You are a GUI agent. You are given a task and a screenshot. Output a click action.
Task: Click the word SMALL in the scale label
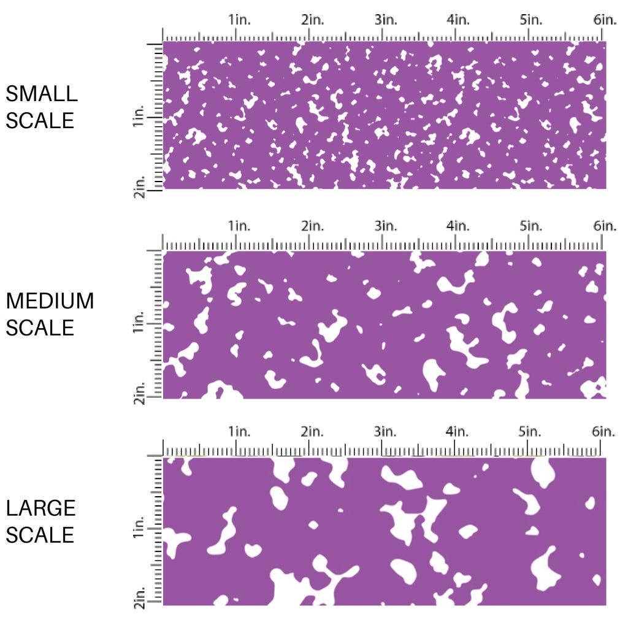(x=42, y=94)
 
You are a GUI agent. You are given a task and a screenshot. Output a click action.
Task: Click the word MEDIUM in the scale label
(x=50, y=301)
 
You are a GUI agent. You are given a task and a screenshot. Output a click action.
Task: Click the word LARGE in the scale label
(x=41, y=508)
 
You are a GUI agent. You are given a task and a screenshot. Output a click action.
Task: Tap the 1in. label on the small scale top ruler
(x=240, y=20)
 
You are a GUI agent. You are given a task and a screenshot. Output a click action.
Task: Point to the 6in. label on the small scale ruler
(x=604, y=20)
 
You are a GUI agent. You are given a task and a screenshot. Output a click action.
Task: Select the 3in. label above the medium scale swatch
(x=385, y=226)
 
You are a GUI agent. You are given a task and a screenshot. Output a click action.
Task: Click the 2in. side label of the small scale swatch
(x=139, y=186)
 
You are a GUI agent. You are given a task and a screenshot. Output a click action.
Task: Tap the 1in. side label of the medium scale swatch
(x=139, y=323)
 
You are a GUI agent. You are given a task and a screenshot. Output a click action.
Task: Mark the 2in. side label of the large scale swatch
(x=139, y=599)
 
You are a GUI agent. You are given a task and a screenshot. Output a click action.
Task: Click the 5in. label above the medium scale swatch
(x=530, y=226)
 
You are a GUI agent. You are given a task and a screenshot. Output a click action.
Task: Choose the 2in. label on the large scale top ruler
(x=312, y=431)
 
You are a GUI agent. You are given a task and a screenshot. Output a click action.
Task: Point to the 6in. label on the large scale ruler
(x=604, y=431)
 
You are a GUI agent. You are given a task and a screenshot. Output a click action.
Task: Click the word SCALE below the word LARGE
(x=40, y=535)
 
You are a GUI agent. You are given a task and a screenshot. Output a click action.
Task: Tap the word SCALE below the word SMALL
(x=40, y=120)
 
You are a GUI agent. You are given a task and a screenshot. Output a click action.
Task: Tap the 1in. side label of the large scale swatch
(x=139, y=529)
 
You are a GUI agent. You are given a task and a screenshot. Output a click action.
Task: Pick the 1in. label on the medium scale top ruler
(x=240, y=226)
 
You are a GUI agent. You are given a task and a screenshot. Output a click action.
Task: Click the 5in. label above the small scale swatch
(x=530, y=20)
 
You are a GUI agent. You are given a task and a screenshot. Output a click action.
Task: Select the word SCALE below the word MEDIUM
(x=40, y=327)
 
